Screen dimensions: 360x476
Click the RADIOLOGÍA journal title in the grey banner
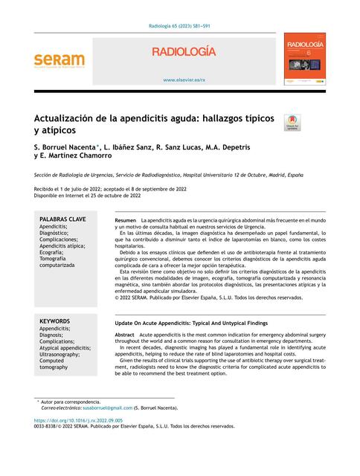click(184, 52)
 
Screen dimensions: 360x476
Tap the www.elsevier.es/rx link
click(184, 79)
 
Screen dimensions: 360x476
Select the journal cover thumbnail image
click(305, 61)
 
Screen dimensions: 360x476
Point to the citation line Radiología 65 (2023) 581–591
click(180, 26)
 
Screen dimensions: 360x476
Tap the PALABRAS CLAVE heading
click(62, 219)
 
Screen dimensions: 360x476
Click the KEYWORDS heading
click(55, 321)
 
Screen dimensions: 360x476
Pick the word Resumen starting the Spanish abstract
click(126, 222)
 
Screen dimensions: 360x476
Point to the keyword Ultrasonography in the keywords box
click(65, 354)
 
